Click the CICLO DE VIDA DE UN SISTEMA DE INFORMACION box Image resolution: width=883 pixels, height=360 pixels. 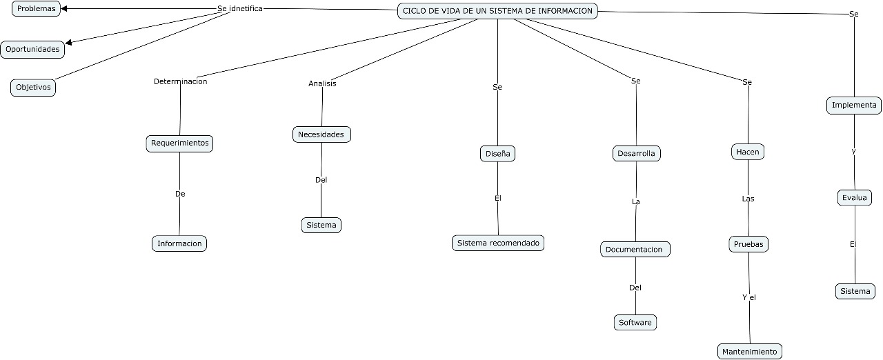point(497,11)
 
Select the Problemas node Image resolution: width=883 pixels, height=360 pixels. point(37,8)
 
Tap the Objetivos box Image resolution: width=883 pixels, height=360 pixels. point(33,88)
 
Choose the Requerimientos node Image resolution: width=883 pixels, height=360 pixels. point(179,143)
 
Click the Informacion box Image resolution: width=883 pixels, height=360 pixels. point(179,243)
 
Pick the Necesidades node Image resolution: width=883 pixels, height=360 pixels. point(321,134)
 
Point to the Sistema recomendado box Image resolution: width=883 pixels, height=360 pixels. point(498,243)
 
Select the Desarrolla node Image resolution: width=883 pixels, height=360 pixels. point(636,153)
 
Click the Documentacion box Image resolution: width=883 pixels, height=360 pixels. point(635,249)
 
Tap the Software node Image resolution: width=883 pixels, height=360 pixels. point(635,322)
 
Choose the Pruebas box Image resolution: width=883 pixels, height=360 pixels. point(748,244)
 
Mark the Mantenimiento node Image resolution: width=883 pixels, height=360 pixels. point(750,352)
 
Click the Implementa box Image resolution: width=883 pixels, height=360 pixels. point(854,106)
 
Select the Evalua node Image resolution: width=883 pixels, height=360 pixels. point(855,198)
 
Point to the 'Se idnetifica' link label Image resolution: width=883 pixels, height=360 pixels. point(239,8)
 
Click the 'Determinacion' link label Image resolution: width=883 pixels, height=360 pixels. point(180,81)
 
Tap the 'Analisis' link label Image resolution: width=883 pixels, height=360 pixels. point(322,83)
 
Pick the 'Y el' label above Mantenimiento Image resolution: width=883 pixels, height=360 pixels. point(749,297)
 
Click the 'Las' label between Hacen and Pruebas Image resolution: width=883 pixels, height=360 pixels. point(748,199)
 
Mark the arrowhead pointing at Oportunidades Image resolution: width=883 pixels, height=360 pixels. point(69,43)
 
